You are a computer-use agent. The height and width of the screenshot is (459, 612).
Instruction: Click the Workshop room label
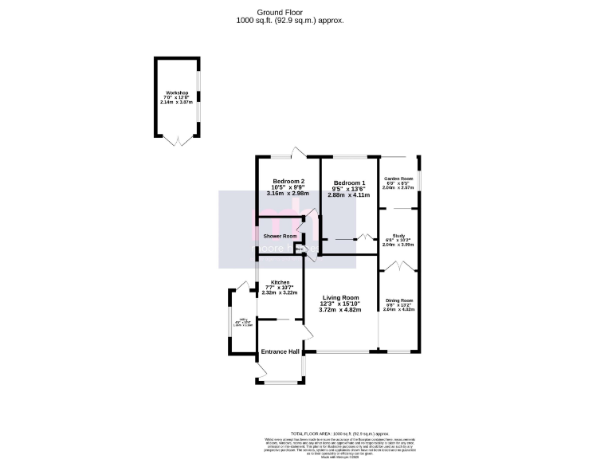176,93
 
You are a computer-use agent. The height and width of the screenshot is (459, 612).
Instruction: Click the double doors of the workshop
176,139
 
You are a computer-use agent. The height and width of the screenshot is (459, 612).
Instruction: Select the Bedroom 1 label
349,182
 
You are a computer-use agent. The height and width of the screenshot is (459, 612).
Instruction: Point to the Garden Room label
398,178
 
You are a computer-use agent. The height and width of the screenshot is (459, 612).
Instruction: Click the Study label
398,236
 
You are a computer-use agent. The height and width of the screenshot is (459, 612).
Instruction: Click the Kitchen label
279,283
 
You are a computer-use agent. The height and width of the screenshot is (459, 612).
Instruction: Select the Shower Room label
280,236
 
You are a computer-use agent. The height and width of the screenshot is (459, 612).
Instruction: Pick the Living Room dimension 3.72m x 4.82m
339,309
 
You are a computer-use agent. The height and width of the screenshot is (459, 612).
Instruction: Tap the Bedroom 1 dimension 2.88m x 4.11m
349,194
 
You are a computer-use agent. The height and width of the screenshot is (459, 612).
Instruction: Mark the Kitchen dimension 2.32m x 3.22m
279,292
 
